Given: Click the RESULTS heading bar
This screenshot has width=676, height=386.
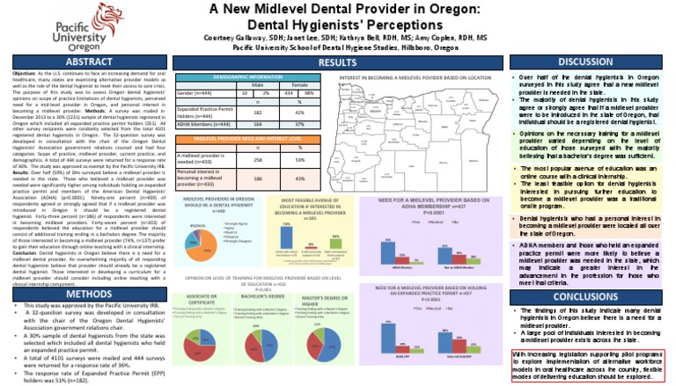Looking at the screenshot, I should [337, 63].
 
